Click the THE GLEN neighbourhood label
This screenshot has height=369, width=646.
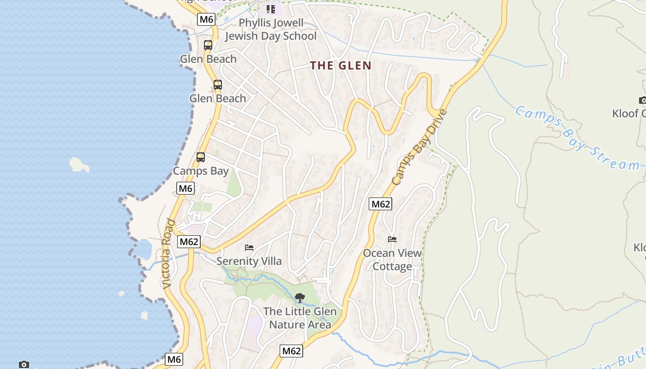click(341, 65)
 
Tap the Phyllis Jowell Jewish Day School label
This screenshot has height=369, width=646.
click(271, 30)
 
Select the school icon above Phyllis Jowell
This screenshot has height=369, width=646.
click(270, 9)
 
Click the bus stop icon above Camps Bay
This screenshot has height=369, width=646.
click(201, 157)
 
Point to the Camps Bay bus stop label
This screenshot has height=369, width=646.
click(201, 171)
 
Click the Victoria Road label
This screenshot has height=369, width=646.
click(168, 254)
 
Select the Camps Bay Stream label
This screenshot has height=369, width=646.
click(577, 138)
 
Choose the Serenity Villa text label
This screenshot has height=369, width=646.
click(249, 261)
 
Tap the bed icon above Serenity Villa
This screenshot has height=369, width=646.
click(249, 248)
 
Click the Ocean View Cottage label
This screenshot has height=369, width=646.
click(392, 260)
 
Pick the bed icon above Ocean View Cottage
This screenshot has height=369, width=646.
click(392, 239)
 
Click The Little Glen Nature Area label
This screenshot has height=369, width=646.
click(300, 318)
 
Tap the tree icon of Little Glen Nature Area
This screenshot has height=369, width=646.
click(300, 298)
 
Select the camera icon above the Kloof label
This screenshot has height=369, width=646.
click(643, 100)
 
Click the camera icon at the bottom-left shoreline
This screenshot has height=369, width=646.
click(24, 364)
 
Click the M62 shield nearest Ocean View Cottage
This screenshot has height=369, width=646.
click(380, 204)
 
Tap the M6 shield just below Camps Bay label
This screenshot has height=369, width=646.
click(185, 188)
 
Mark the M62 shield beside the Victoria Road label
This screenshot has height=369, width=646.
click(189, 242)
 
